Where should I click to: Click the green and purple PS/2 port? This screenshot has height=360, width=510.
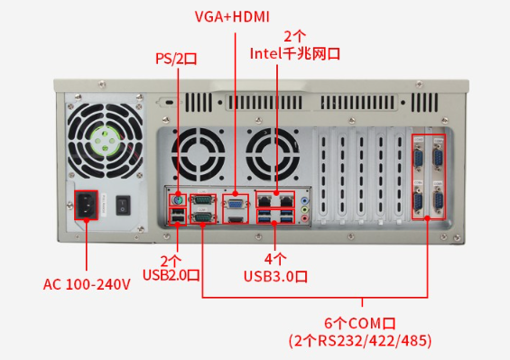178,200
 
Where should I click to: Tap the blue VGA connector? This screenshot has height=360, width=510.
236,204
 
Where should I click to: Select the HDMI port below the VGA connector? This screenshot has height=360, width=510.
236,219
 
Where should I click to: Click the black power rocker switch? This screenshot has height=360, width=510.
123,205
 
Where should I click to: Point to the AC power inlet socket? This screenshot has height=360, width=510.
86,205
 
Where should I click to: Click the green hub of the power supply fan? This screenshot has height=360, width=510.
105,140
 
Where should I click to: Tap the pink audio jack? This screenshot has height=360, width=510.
305,217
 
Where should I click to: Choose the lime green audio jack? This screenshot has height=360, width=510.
305,209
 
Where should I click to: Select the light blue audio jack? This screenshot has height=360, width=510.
305,200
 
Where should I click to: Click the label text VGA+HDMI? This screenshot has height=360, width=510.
232,16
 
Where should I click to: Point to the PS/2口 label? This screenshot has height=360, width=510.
176,59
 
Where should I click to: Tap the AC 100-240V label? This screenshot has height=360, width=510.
87,284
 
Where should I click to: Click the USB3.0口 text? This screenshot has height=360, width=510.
275,276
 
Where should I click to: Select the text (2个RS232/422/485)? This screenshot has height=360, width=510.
360,340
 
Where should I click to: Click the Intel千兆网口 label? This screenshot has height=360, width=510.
294,53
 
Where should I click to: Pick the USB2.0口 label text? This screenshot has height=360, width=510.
172,275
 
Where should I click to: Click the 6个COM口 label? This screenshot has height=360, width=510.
360,323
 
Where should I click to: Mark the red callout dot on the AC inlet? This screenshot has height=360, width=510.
87,220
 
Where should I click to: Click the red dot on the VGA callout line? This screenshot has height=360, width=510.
236,194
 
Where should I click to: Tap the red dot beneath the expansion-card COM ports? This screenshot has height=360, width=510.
427,218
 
